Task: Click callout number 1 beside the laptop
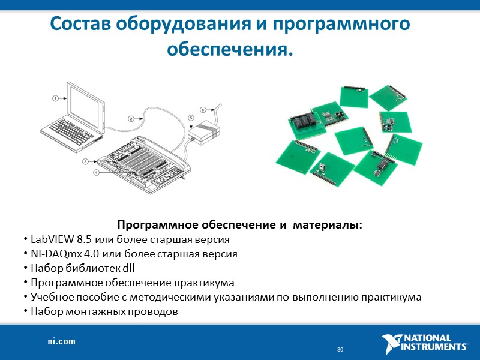coord(55,98)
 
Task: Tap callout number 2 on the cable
coord(131,118)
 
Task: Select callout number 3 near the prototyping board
coord(86,161)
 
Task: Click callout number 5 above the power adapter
coord(191,118)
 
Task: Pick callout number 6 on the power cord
coord(203,110)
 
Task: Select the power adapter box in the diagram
coord(205,132)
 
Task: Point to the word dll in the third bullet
coord(128,268)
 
